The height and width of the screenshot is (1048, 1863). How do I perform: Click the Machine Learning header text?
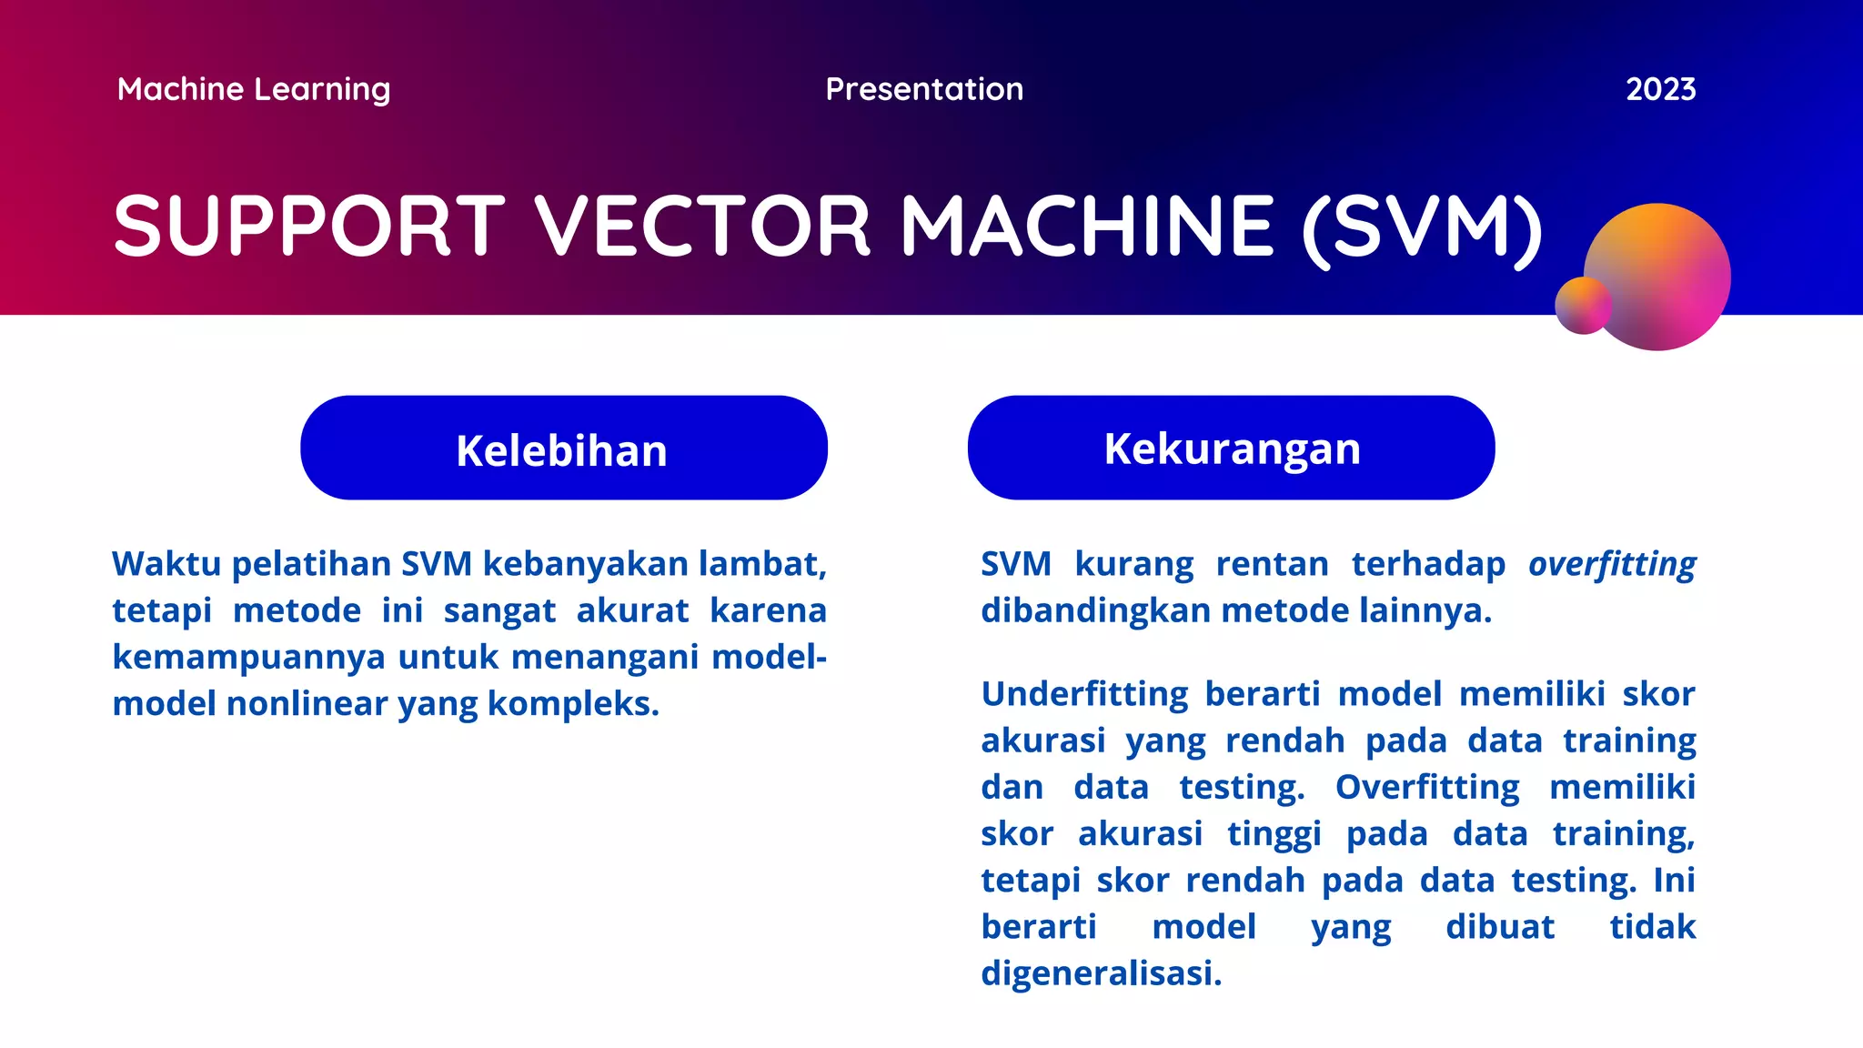[x=254, y=89]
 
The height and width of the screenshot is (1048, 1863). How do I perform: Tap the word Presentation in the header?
[x=924, y=89]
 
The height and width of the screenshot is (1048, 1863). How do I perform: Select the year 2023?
[x=1660, y=89]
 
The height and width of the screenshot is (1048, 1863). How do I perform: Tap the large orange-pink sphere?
[x=1665, y=273]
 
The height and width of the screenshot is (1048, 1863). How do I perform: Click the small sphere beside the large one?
[x=1582, y=306]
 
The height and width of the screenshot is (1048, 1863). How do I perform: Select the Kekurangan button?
[x=1231, y=448]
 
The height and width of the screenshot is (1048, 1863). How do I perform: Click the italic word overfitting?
[x=1612, y=564]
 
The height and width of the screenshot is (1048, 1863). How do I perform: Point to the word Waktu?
[x=166, y=564]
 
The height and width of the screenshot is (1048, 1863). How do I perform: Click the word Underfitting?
[x=1084, y=694]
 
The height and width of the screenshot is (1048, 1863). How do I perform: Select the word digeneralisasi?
[x=1101, y=973]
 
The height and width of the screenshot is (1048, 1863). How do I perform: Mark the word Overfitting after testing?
[x=1426, y=787]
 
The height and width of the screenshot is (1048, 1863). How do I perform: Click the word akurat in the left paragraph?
[x=632, y=610]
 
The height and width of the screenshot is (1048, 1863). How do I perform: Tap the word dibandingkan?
[x=1094, y=610]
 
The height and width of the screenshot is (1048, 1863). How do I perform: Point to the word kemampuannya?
[x=248, y=657]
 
